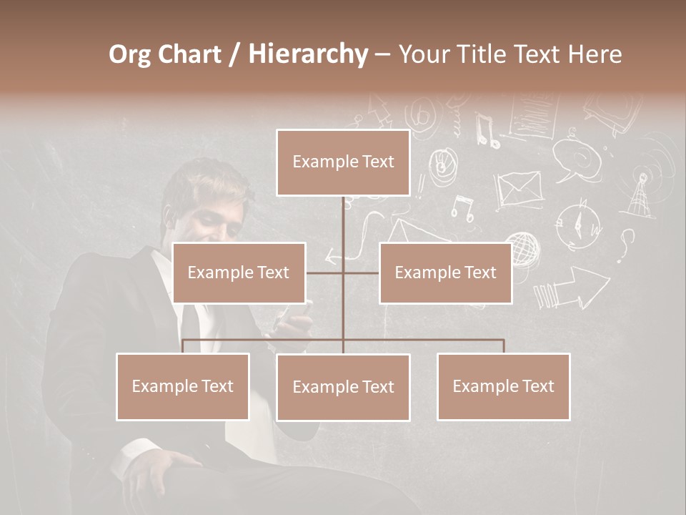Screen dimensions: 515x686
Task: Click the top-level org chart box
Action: [343, 162]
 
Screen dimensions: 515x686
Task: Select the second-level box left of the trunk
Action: [239, 273]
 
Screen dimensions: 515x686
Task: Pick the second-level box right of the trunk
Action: [445, 273]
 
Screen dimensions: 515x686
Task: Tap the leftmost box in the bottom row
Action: [183, 386]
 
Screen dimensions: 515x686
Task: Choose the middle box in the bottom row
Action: [343, 387]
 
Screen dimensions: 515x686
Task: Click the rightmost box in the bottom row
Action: [503, 386]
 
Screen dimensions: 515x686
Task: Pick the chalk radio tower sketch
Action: [639, 194]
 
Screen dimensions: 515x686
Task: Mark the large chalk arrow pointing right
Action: [579, 288]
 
